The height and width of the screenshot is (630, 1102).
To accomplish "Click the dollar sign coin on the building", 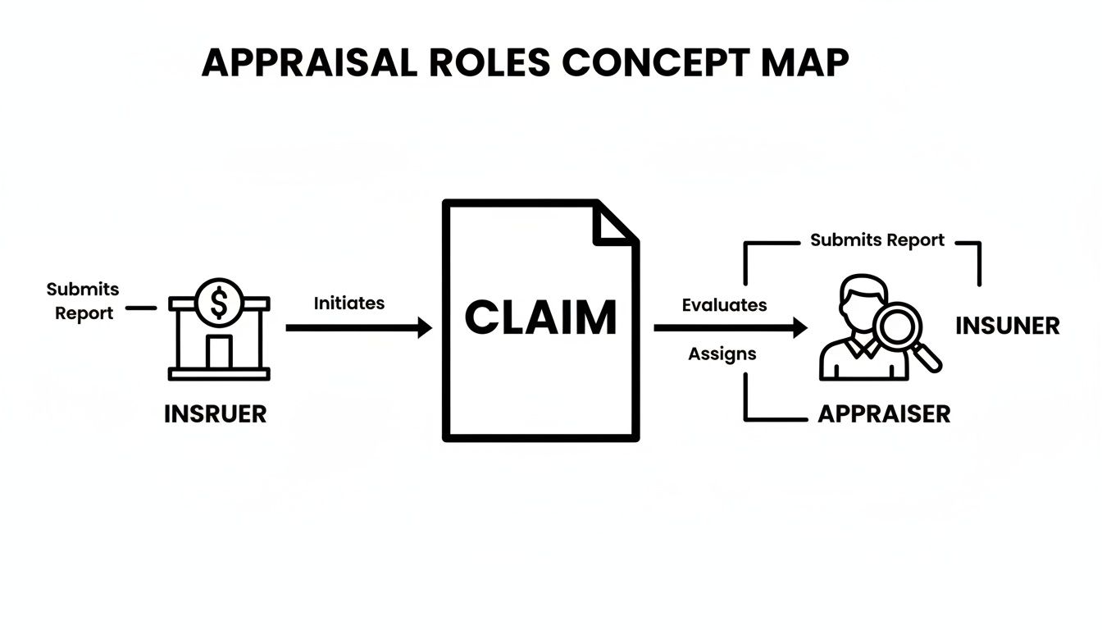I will pyautogui.click(x=219, y=302).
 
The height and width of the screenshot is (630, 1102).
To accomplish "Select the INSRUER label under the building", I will pyautogui.click(x=215, y=414).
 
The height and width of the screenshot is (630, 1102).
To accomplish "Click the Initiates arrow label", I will pyautogui.click(x=348, y=303).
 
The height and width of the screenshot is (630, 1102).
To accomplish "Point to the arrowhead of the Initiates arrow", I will pyautogui.click(x=424, y=328).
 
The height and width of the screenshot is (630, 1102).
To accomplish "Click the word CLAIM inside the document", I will pyautogui.click(x=540, y=318).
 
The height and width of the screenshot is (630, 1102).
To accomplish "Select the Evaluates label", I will pyautogui.click(x=724, y=305).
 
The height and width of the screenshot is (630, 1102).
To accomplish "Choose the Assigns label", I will pyautogui.click(x=722, y=354).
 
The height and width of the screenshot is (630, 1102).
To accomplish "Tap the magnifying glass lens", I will pyautogui.click(x=899, y=326).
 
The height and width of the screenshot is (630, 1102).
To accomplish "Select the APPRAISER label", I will pyautogui.click(x=884, y=414).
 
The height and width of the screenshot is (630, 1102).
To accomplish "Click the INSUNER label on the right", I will pyautogui.click(x=1007, y=326).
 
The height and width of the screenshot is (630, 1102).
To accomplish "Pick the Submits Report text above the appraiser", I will pyautogui.click(x=877, y=240).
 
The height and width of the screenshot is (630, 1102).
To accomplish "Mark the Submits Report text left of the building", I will pyautogui.click(x=83, y=301).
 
